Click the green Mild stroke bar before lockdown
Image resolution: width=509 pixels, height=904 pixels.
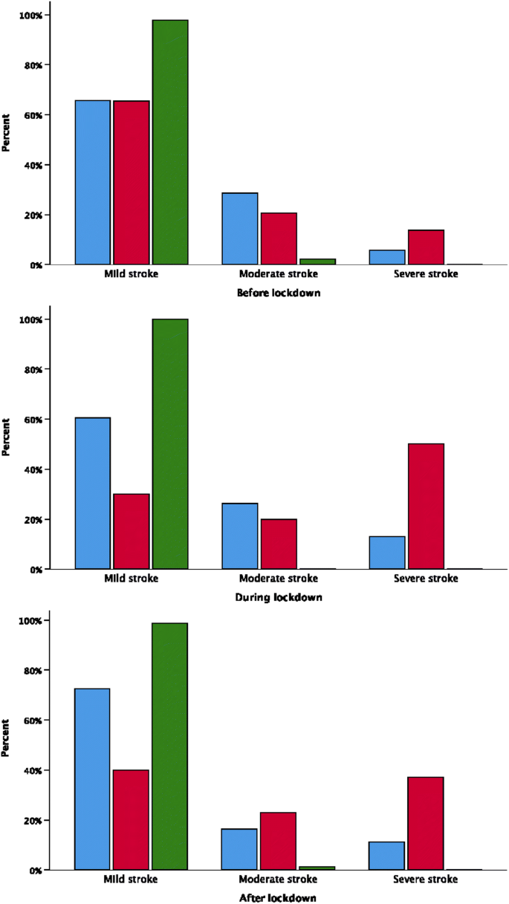(170, 142)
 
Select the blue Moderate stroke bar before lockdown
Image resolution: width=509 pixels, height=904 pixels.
(240, 229)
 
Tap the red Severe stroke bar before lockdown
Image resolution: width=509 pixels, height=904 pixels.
(426, 247)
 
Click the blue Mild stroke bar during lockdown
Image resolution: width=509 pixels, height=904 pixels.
(93, 493)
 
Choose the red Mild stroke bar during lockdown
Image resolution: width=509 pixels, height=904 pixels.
(132, 531)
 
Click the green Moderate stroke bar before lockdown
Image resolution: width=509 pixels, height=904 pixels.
(317, 261)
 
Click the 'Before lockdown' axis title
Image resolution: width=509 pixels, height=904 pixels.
(278, 293)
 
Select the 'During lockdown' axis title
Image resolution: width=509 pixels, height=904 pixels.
(278, 596)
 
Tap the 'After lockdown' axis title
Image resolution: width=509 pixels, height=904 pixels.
(278, 897)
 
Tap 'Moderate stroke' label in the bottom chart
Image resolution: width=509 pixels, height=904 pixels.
(278, 879)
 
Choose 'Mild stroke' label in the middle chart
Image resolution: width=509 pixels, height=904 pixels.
(132, 578)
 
